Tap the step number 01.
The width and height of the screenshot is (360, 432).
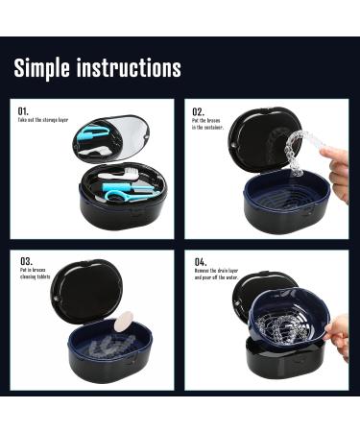click(x=23, y=110)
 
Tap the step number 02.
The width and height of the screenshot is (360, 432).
click(x=198, y=110)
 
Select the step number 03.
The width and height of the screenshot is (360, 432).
click(x=25, y=260)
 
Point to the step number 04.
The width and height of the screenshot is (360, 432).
click(x=200, y=260)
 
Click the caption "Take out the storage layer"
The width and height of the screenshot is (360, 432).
click(x=43, y=120)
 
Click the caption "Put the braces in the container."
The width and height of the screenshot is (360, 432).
click(x=210, y=123)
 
